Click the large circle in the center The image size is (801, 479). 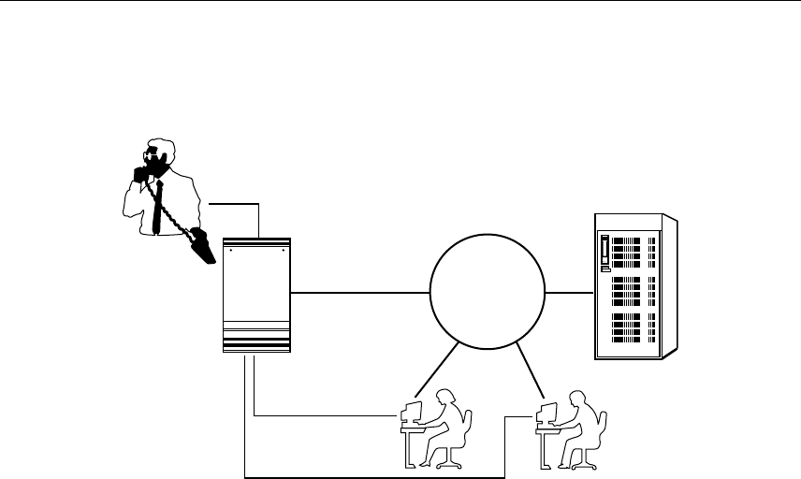click(x=487, y=292)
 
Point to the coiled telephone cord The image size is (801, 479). click(x=170, y=213)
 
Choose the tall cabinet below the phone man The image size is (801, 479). click(x=257, y=294)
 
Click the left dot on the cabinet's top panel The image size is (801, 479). click(x=231, y=251)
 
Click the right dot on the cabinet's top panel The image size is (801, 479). click(x=282, y=251)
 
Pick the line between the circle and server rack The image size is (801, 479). click(x=569, y=292)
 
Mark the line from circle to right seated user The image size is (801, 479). click(x=532, y=368)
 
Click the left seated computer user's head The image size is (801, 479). click(x=444, y=396)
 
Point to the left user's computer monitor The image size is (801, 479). click(x=410, y=413)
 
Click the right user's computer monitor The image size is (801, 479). click(x=546, y=413)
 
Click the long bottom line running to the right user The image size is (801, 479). click(x=374, y=475)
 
